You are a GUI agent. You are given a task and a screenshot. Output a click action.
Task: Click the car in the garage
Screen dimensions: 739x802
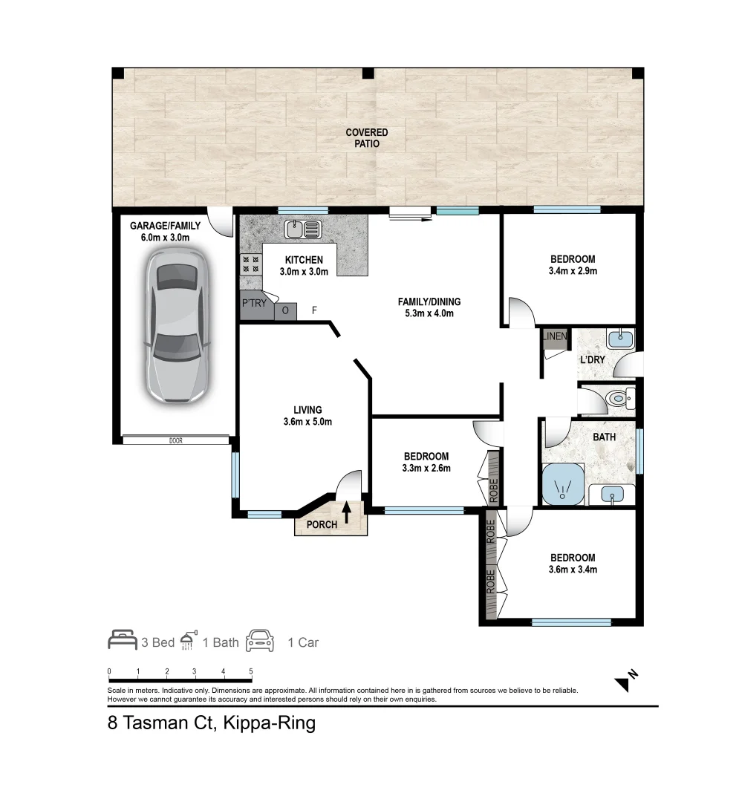[x=176, y=326]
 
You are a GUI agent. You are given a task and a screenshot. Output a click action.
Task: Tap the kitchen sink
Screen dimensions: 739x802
[x=303, y=229]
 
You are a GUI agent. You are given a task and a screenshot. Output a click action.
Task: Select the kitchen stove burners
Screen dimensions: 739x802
[x=251, y=264]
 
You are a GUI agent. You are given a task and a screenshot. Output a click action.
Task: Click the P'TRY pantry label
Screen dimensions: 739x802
[x=254, y=303]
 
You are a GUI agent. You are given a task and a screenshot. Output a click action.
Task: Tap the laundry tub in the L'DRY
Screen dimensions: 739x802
[x=621, y=339]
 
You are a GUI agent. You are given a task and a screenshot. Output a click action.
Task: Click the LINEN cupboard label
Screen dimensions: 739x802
[x=554, y=336]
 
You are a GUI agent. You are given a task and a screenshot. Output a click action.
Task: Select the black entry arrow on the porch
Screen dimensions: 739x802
[x=346, y=512]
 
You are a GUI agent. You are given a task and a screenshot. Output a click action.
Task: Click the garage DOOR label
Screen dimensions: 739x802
[x=176, y=440]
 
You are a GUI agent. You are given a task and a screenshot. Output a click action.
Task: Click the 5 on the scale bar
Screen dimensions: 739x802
[x=250, y=671]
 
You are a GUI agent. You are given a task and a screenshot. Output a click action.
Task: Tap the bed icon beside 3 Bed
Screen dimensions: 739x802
[x=123, y=640]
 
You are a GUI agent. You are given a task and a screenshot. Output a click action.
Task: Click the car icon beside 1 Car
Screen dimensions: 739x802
[x=260, y=640]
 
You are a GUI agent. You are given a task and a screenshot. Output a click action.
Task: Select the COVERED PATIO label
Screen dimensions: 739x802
[x=367, y=138]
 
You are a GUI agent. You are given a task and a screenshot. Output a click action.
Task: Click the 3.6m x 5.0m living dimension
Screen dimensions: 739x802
[x=307, y=422]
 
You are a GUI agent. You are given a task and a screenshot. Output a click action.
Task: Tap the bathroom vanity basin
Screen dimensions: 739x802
[x=612, y=495]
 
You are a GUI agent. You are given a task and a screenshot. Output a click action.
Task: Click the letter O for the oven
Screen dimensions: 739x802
[x=285, y=310]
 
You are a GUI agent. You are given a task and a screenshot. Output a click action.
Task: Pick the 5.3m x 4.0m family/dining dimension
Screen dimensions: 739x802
[x=429, y=313]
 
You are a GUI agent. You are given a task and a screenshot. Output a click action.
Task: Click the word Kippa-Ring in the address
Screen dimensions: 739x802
[x=270, y=723]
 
